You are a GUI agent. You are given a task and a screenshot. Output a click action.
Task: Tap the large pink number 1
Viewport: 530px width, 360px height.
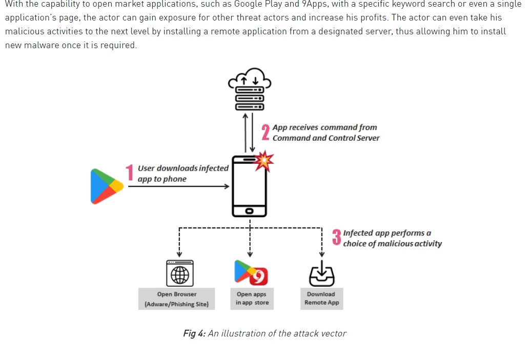tap(130, 173)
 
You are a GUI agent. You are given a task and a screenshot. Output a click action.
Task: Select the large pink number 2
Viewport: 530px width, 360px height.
tap(266, 132)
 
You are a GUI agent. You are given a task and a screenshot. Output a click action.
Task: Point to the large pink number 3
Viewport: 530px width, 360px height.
tap(336, 238)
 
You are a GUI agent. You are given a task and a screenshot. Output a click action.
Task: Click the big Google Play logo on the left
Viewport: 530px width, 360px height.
tap(106, 186)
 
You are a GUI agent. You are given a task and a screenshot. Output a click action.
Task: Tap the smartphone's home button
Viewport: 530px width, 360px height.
tap(249, 210)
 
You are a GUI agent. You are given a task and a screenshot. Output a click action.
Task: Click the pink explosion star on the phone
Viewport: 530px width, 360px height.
tap(264, 161)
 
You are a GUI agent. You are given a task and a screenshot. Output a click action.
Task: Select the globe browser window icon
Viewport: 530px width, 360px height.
tap(179, 273)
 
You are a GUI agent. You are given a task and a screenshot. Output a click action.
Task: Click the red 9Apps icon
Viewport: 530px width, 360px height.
tap(259, 276)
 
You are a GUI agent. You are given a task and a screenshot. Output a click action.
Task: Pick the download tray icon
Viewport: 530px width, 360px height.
tap(321, 274)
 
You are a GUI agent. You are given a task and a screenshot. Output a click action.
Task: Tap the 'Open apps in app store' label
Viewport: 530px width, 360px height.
tap(252, 299)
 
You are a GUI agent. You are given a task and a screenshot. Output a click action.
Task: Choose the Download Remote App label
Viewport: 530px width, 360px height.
tap(321, 299)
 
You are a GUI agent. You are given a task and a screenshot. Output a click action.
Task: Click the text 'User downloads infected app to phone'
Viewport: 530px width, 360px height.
tap(182, 174)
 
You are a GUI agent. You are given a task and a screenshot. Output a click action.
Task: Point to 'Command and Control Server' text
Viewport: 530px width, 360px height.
tap(326, 138)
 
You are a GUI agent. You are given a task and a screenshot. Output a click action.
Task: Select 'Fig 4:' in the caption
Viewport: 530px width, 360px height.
tap(194, 334)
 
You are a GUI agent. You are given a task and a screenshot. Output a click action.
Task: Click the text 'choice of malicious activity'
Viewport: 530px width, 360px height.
tap(392, 244)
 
